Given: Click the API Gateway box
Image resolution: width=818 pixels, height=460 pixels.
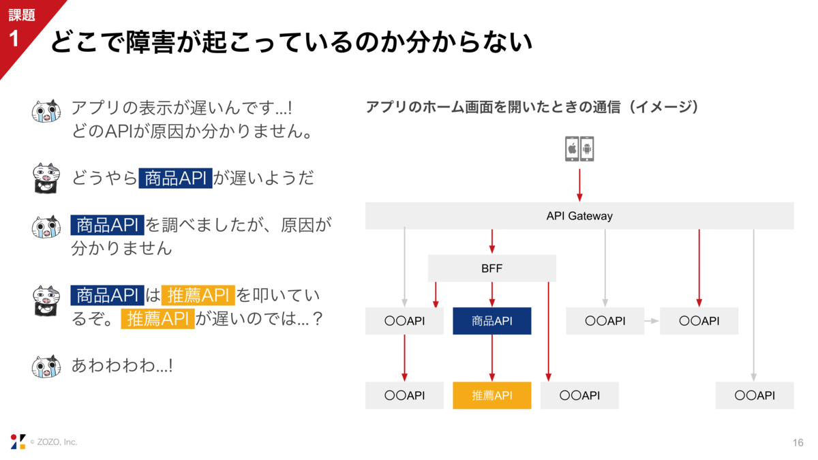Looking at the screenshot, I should click(579, 216).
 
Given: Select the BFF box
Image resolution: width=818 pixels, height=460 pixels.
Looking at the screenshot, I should click(491, 269).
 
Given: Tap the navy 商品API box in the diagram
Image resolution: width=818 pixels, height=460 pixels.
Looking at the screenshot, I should click(491, 321).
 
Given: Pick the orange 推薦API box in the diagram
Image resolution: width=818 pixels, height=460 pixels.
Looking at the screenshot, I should click(491, 395).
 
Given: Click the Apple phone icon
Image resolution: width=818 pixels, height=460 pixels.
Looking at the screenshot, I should click(572, 149).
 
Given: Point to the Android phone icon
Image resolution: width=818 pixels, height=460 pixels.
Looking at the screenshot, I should click(587, 149).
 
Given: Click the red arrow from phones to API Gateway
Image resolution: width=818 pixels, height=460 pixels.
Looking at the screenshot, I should click(579, 183).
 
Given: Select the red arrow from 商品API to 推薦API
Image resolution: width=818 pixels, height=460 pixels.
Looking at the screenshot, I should click(491, 358).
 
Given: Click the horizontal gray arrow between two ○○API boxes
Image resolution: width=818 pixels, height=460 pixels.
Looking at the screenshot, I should click(652, 321).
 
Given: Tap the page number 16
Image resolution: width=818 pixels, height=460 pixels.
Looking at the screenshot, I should click(798, 443).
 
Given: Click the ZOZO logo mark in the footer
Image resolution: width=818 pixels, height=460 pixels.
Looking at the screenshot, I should click(18, 442).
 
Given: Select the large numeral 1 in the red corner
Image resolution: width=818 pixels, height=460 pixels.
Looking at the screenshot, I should click(14, 39).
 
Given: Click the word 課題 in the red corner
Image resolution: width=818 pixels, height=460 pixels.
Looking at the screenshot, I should click(21, 15).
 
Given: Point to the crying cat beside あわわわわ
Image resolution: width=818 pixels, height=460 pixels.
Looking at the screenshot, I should click(47, 367).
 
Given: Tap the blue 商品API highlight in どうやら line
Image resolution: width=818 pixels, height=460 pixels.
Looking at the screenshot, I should click(176, 179).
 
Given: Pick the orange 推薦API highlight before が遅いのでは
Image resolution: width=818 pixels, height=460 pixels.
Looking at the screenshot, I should click(157, 319).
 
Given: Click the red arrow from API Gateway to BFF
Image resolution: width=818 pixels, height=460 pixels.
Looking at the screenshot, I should click(491, 241).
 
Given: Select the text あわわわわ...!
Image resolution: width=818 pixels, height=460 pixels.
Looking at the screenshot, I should click(122, 366).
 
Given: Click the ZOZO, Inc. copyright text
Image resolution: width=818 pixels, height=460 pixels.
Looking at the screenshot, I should click(54, 442).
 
